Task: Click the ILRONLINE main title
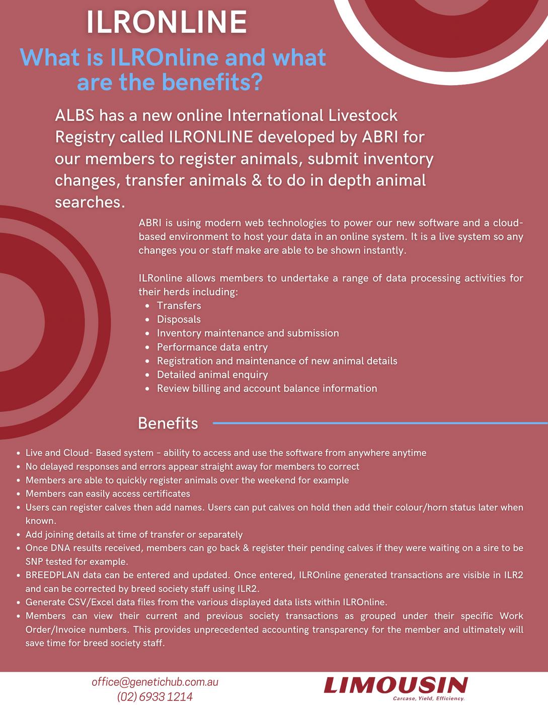tap(167, 22)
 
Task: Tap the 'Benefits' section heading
tap(168, 423)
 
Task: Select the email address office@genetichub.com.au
tap(155, 682)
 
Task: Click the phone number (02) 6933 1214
tap(155, 696)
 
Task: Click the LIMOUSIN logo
tap(396, 685)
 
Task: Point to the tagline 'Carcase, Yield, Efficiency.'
tap(428, 698)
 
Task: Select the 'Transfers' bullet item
tap(179, 306)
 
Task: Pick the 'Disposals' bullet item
tap(179, 319)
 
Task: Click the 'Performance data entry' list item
tap(212, 347)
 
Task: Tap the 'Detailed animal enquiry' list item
tap(212, 375)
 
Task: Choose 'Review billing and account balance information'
tap(267, 388)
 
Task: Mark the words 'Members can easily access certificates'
tap(108, 493)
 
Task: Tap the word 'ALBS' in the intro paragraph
tap(74, 115)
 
